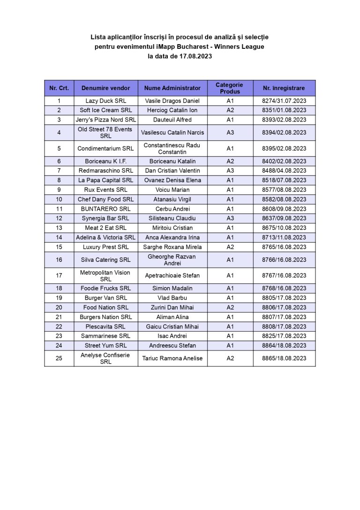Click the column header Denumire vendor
pos(105,88)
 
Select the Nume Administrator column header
pos(172,88)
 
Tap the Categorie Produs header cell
pos(230,88)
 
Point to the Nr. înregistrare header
pos(284,88)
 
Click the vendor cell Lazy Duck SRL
pos(105,101)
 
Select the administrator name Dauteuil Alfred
pos(172,120)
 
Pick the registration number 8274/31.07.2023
pos(284,101)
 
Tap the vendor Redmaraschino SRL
pos(105,171)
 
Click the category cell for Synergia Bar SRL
pos(230,218)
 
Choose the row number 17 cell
pos(59,275)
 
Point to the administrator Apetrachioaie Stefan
pos(172,275)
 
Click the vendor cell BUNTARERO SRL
pos(105,209)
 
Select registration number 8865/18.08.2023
pos(284,358)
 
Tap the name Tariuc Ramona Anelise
pos(172,358)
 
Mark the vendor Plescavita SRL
pos(105,327)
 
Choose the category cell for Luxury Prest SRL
pos(230,247)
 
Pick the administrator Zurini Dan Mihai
pos(172,307)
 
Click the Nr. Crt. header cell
pos(59,88)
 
